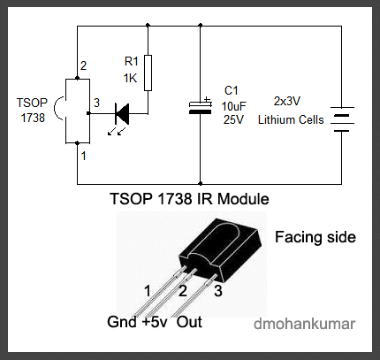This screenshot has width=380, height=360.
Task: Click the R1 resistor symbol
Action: [148, 73]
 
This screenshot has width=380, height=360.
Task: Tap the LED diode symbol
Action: [122, 114]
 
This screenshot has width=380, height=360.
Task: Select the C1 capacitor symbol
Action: [201, 106]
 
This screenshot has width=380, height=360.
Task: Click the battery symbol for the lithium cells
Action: [342, 119]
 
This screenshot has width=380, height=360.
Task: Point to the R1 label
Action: [131, 61]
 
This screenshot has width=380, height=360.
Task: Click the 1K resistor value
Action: [130, 79]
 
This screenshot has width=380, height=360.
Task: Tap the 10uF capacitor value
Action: [233, 106]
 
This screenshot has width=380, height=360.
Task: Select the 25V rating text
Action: [233, 120]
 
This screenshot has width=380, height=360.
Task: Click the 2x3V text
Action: [287, 101]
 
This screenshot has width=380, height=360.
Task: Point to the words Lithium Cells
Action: [291, 120]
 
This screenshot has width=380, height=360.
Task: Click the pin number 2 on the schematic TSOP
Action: [83, 65]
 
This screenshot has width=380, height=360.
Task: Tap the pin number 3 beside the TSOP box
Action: [96, 103]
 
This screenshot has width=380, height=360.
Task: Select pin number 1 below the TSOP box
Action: [84, 156]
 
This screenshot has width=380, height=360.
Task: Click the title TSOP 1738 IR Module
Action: [189, 199]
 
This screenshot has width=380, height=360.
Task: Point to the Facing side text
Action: [315, 237]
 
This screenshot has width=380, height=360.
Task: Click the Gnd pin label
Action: [122, 322]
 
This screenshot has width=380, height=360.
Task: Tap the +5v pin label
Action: [155, 322]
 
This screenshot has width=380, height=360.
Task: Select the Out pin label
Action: [189, 322]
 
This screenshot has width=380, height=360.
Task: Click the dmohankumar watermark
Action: [304, 324]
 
